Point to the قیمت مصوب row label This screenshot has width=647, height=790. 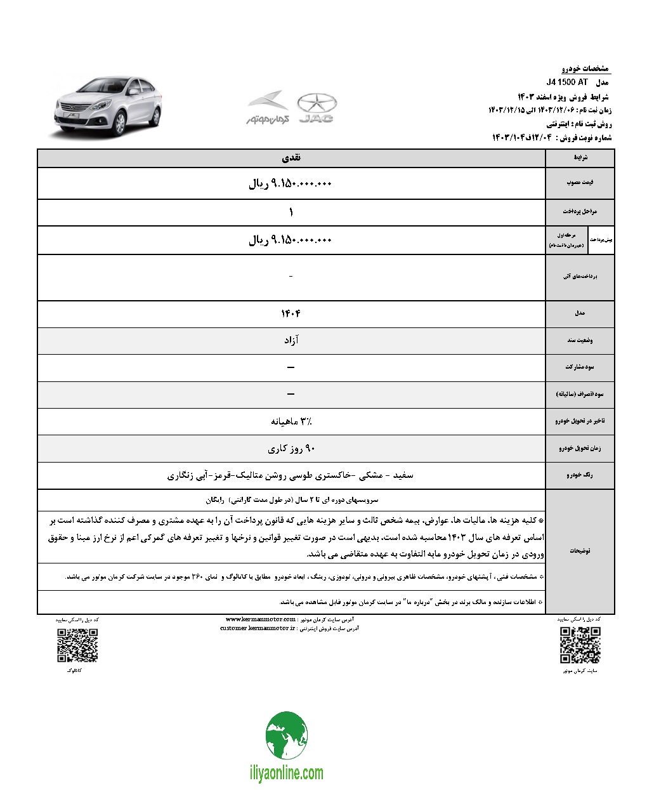pos(580,183)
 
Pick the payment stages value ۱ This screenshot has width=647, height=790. pos(291,212)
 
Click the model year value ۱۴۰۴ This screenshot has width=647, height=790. pos(291,313)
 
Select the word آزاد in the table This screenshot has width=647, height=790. pos(291,340)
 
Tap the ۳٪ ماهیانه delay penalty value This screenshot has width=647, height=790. pos(291,421)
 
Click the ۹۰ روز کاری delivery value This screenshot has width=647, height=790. pos(291,449)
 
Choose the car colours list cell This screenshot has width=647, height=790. pos(291,475)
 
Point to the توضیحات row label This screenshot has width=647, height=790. pos(580,551)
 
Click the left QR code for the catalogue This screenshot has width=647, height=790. pos(77,645)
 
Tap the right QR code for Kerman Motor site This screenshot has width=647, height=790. pos(580,644)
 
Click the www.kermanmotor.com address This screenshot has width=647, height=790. pos(261,619)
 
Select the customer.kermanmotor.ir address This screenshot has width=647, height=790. pos(258,628)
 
